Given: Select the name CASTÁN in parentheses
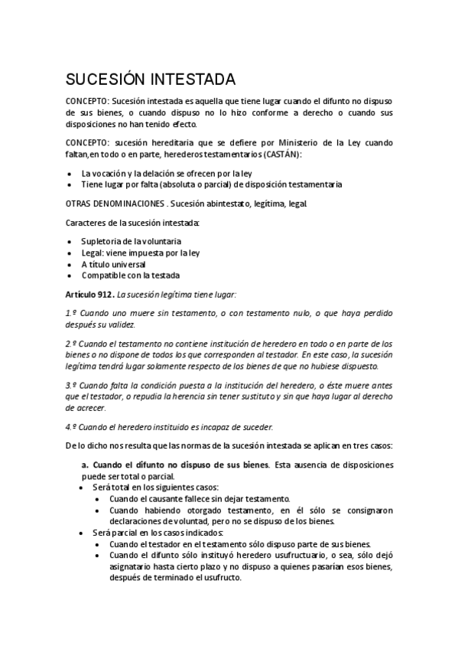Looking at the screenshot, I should pos(281,155).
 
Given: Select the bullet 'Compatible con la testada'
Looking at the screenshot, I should pos(132,276).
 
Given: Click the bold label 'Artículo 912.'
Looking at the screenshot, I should pos(89,294).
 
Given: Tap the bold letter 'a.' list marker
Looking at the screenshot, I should pos(86,465).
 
